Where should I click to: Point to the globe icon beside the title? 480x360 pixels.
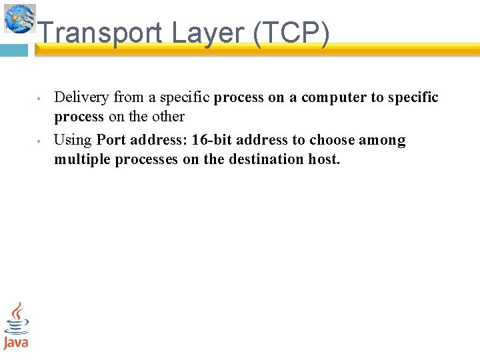tap(20, 18)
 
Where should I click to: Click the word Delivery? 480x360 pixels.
tap(81, 97)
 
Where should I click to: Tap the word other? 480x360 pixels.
tap(168, 117)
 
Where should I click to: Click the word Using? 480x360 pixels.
tap(73, 140)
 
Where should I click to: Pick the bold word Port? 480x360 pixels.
tap(111, 140)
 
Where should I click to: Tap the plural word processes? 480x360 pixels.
tap(147, 159)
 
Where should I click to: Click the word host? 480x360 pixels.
tap(324, 159)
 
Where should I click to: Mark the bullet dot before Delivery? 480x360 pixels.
tap(40, 99)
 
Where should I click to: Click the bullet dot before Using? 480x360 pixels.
tap(40, 141)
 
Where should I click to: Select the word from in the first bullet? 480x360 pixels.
tap(129, 97)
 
